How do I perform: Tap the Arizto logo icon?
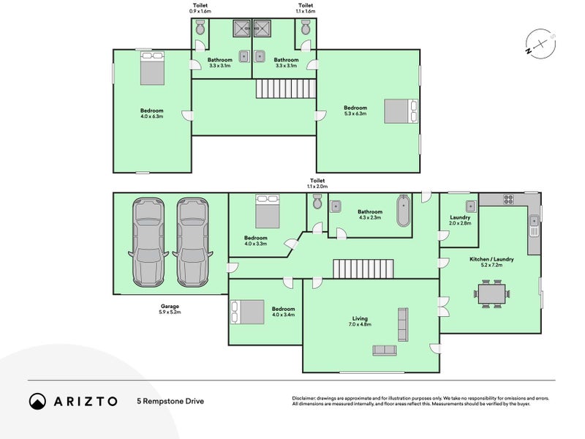point(37,401)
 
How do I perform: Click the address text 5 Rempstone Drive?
point(170,401)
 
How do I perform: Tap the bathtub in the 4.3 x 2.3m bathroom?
point(403,211)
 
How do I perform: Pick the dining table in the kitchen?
point(492,294)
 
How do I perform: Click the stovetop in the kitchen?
point(509,199)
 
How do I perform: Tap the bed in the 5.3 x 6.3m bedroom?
point(401,111)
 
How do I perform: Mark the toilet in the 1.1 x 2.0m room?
point(316,203)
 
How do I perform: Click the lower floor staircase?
point(363,269)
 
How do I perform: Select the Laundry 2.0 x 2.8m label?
point(460,220)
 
